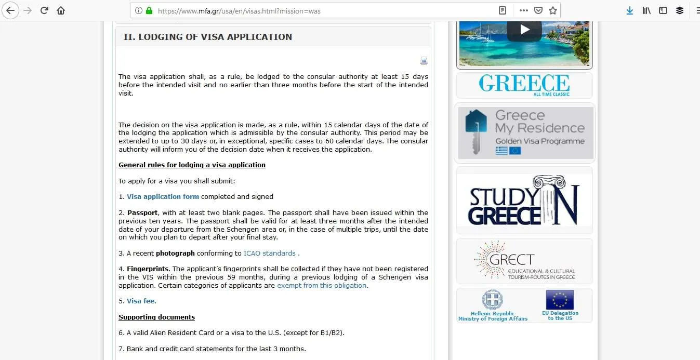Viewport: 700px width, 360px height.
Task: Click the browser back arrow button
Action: [10, 10]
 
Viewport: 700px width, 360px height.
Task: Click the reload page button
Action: [44, 10]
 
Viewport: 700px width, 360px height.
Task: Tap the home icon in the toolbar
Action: [61, 10]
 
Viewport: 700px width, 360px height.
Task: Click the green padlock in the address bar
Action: [149, 10]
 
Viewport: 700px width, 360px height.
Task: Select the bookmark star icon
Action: [553, 10]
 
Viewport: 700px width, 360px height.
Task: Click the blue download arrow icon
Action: [630, 10]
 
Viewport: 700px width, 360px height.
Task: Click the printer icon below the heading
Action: [424, 61]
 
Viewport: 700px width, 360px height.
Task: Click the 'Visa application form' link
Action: [163, 196]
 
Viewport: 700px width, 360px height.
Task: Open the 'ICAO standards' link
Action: [269, 253]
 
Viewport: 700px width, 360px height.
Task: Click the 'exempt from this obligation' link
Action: [322, 285]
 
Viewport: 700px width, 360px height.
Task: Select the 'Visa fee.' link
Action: [141, 301]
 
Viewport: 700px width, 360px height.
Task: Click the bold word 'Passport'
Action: [142, 212]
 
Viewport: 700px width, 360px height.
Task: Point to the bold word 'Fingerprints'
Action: [148, 269]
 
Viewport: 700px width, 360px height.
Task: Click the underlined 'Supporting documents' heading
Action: [156, 317]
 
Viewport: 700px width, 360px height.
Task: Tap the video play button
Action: [524, 30]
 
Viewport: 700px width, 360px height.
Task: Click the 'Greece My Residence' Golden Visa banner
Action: [525, 133]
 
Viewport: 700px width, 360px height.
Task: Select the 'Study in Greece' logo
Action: [524, 200]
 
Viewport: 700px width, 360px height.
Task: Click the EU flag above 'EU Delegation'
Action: [560, 300]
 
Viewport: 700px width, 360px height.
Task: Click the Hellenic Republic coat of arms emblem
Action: [492, 300]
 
